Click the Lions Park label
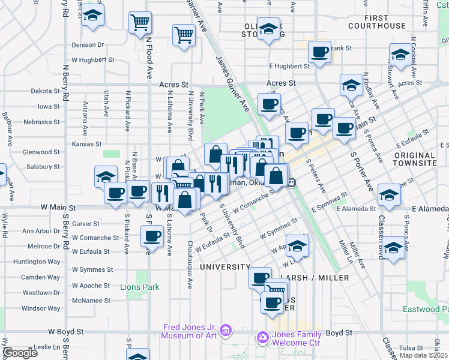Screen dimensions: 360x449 (139, 287)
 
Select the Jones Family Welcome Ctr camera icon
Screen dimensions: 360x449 (262, 338)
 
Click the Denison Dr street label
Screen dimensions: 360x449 (88, 45)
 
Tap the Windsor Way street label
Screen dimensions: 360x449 (41, 308)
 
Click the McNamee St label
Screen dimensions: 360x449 (91, 300)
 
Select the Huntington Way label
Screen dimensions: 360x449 (37, 262)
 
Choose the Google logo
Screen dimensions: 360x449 (19, 352)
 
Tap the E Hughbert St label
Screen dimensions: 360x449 (289, 67)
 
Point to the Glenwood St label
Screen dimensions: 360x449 (41, 152)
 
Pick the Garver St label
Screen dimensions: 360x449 (86, 223)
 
